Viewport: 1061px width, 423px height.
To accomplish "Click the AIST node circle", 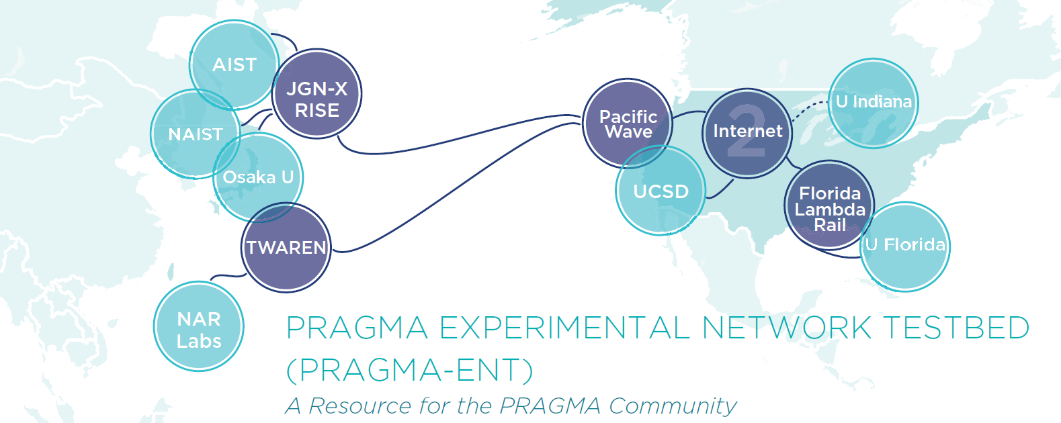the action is click(234, 64).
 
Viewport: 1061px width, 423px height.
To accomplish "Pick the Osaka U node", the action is click(259, 177).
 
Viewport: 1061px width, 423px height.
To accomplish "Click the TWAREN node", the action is click(286, 247).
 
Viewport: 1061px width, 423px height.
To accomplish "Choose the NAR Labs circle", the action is click(198, 326).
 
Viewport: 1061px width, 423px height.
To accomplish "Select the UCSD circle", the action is click(661, 191).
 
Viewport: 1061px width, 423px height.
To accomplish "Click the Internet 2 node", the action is click(747, 132).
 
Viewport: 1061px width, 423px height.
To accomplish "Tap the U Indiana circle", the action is click(874, 103).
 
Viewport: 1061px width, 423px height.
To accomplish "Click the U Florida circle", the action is click(906, 246).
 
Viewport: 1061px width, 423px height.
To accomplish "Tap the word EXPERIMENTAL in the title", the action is click(564, 328).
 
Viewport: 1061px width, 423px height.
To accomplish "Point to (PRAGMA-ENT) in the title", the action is click(410, 370).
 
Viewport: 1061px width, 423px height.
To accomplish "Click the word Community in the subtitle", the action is click(673, 406).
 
